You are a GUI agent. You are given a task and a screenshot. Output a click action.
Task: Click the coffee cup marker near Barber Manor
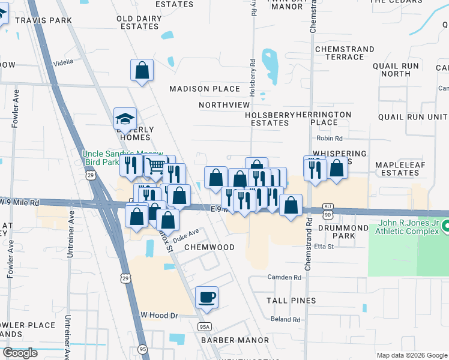pyautogui.click(x=206, y=298)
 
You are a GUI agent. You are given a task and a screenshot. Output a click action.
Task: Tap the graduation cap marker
pyautogui.click(x=125, y=119)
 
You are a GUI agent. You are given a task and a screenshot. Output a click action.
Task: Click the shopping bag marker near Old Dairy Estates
pyautogui.click(x=142, y=70)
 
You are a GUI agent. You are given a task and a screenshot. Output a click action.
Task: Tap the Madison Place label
pyautogui.click(x=205, y=89)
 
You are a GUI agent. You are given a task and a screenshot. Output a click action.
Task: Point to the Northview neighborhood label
pyautogui.click(x=224, y=105)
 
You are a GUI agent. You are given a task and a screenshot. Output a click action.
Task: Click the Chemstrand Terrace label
pyautogui.click(x=339, y=52)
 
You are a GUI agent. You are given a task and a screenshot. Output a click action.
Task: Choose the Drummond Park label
pyautogui.click(x=343, y=232)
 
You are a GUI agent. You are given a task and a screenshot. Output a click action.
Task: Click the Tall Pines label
pyautogui.click(x=291, y=301)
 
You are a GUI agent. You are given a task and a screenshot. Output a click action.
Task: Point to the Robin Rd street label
pyautogui.click(x=329, y=139)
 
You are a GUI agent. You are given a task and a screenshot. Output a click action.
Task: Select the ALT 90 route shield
pyautogui.click(x=327, y=210)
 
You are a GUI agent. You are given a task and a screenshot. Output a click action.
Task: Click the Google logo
pyautogui.click(x=20, y=353)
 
